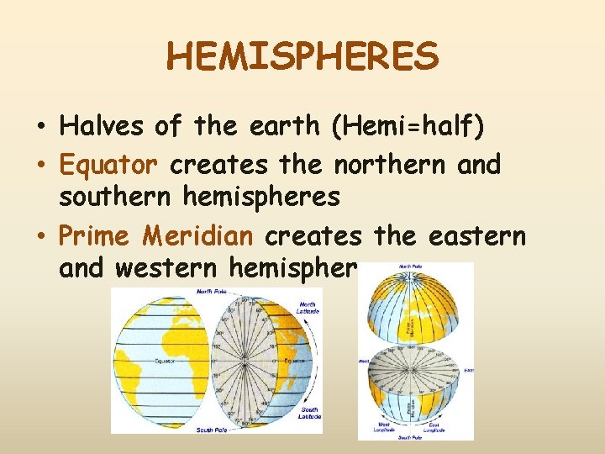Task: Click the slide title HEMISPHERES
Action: coord(302,57)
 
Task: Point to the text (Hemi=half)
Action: coord(408,126)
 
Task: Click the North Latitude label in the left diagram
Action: coord(308,309)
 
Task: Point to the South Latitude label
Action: coord(308,411)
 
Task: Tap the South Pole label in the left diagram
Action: coord(209,429)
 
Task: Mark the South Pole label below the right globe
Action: coord(410,437)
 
